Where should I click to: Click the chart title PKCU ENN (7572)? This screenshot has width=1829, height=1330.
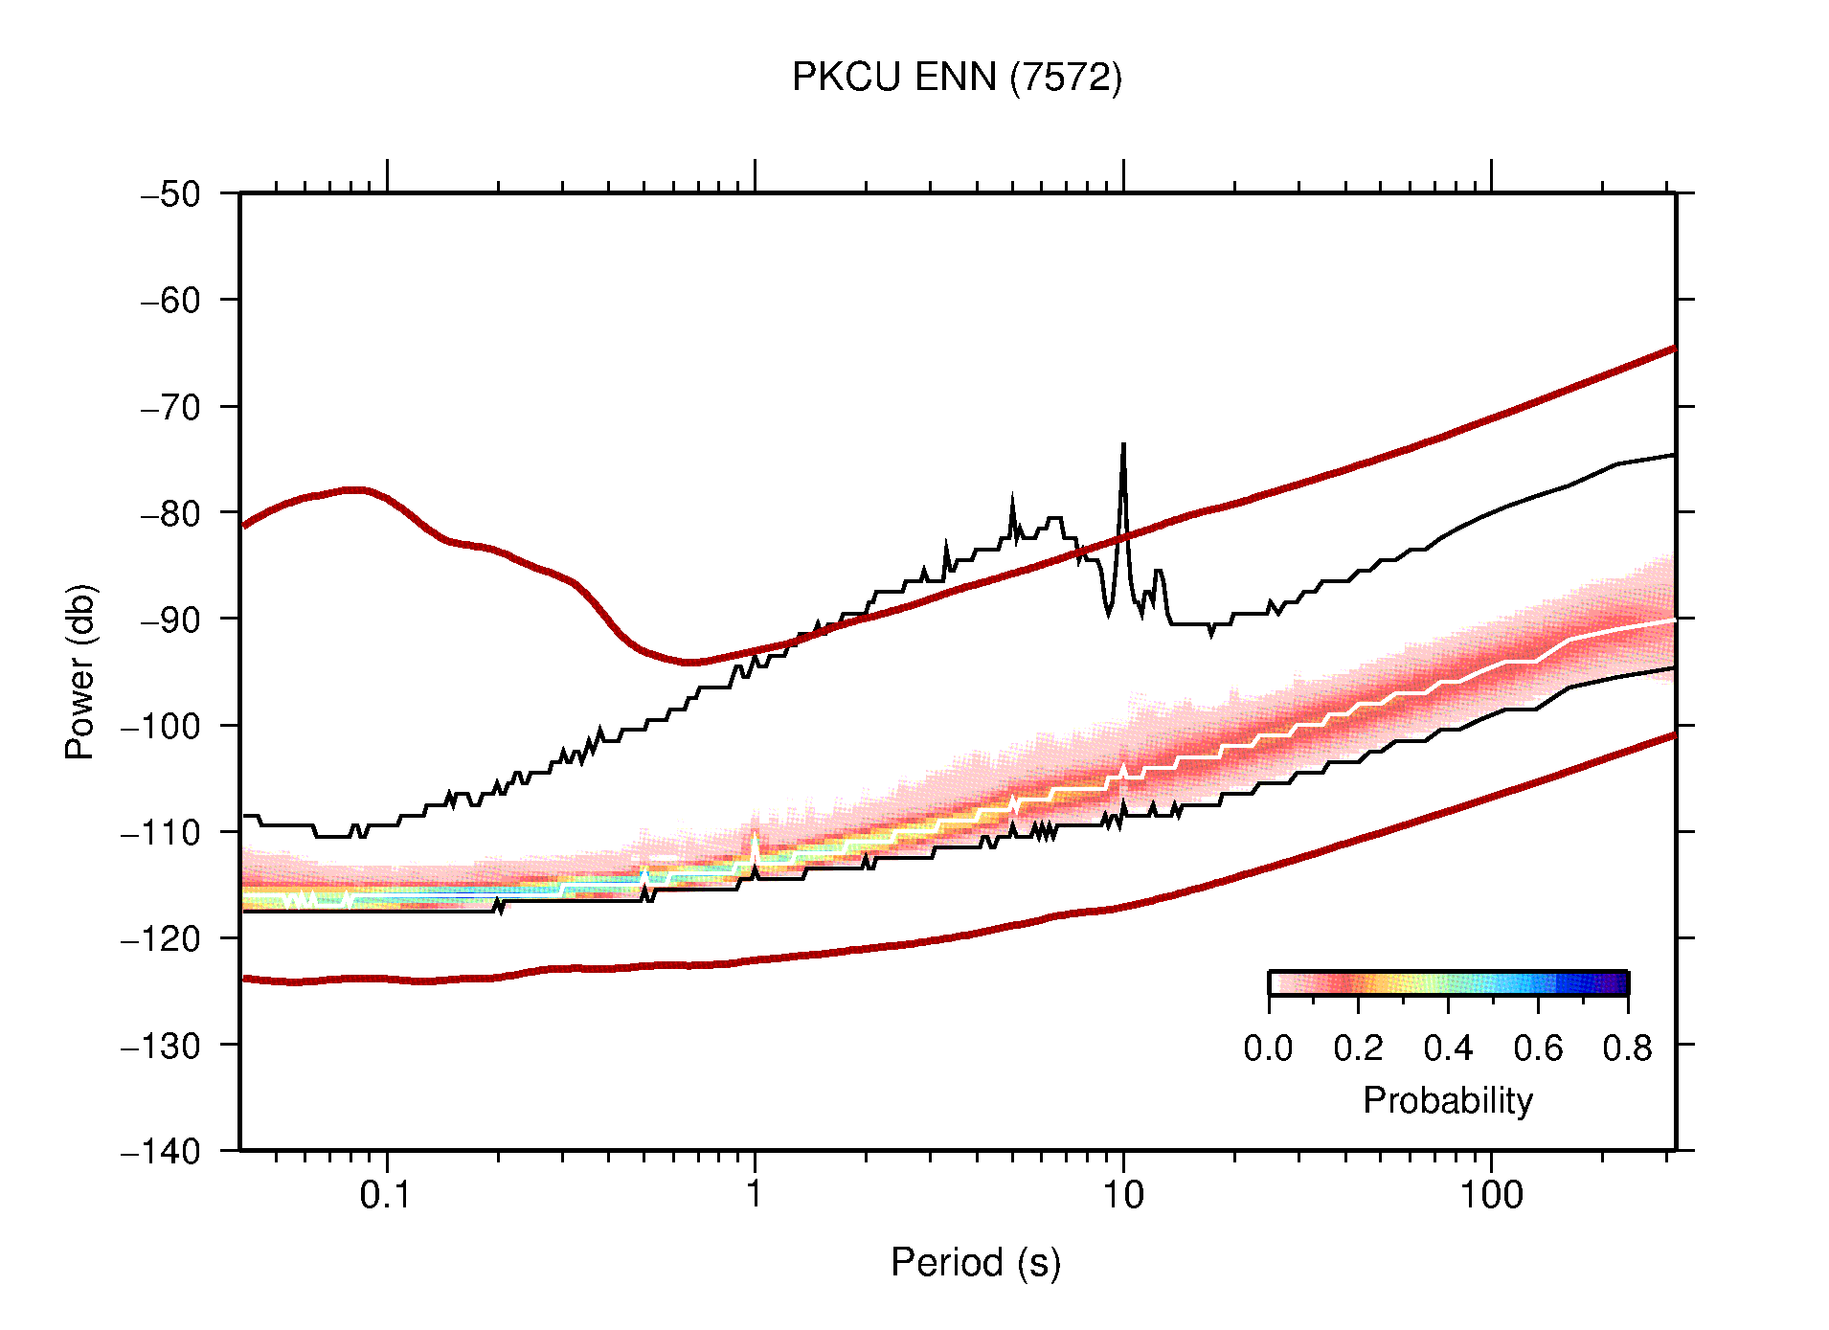[956, 77]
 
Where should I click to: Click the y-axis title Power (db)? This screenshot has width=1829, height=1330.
[80, 671]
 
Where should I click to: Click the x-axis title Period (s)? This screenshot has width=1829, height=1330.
[975, 1262]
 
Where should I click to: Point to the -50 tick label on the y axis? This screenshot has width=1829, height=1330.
[170, 194]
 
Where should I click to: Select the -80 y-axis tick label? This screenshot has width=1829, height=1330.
[170, 513]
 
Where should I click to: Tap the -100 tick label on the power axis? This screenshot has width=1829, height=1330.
[161, 726]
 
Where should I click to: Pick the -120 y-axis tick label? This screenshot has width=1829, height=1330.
[161, 938]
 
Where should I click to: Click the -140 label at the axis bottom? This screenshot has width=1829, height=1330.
[161, 1151]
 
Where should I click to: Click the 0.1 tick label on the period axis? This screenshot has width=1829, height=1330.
[385, 1195]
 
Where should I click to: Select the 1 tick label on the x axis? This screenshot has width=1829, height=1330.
[755, 1195]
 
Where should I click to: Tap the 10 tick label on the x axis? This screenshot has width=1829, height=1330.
[1122, 1195]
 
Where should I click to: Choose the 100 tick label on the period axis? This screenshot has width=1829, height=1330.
[1490, 1195]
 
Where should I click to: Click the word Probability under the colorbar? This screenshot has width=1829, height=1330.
[1447, 1100]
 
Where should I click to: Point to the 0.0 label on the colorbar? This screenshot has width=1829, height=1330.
[1268, 1048]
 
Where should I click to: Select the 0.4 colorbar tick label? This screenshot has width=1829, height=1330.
[1448, 1048]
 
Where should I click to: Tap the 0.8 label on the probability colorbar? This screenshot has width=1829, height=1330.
[1627, 1048]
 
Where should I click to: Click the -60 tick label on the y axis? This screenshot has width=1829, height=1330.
[170, 301]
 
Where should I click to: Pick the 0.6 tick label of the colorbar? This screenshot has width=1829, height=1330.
[1538, 1048]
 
